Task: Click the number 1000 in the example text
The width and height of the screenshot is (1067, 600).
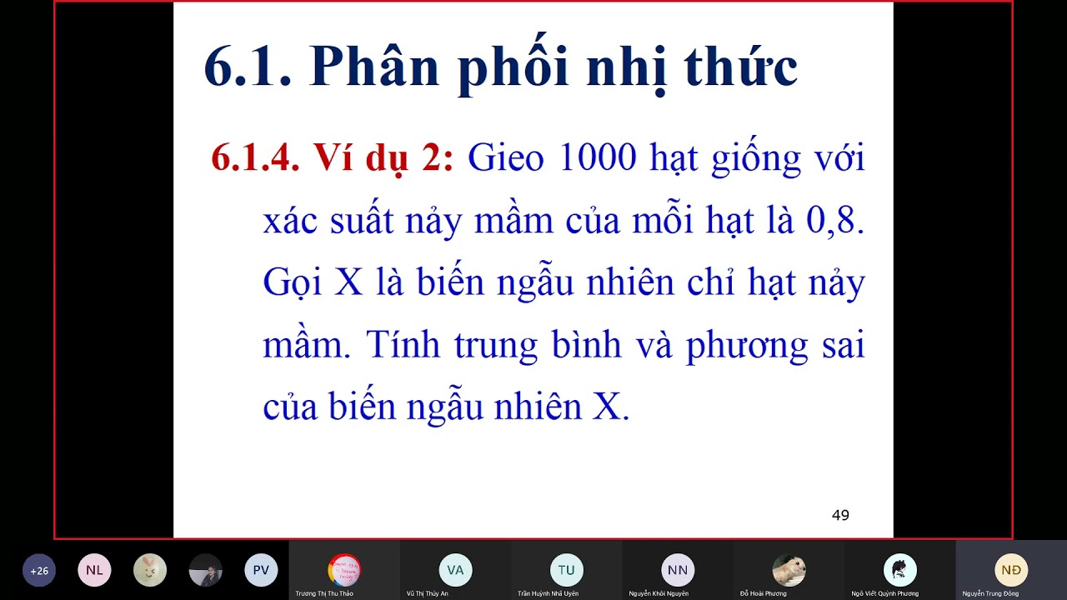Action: pyautogui.click(x=597, y=157)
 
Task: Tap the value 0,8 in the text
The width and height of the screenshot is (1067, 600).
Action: pyautogui.click(x=834, y=221)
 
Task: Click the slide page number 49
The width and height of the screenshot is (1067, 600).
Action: pyautogui.click(x=840, y=515)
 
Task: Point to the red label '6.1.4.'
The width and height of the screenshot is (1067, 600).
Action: pyautogui.click(x=255, y=157)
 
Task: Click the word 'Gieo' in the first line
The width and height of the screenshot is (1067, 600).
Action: pyautogui.click(x=505, y=157)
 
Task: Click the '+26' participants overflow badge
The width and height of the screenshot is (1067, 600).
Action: pyautogui.click(x=39, y=571)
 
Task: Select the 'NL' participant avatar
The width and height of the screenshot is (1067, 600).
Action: pyautogui.click(x=94, y=571)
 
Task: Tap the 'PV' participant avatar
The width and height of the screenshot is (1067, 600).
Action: pyautogui.click(x=261, y=571)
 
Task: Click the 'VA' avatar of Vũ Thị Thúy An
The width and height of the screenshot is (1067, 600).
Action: pyautogui.click(x=455, y=571)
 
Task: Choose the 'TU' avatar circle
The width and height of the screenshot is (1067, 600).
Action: pyautogui.click(x=567, y=571)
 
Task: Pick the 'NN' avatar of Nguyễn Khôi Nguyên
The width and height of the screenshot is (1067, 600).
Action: pyautogui.click(x=678, y=571)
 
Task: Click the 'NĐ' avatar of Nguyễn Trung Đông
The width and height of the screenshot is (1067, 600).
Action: pyautogui.click(x=1011, y=571)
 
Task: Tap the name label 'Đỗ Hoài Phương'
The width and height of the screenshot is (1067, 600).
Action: pyautogui.click(x=764, y=593)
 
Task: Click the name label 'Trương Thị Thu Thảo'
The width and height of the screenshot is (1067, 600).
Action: pyautogui.click(x=324, y=593)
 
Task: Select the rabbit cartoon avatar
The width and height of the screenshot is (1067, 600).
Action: pyautogui.click(x=150, y=571)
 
